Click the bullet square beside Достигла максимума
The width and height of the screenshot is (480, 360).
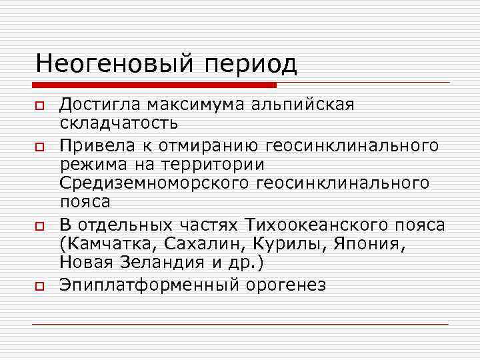pos(40,106)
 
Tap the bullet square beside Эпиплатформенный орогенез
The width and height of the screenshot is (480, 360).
pos(40,287)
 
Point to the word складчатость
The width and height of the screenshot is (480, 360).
pos(118,123)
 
